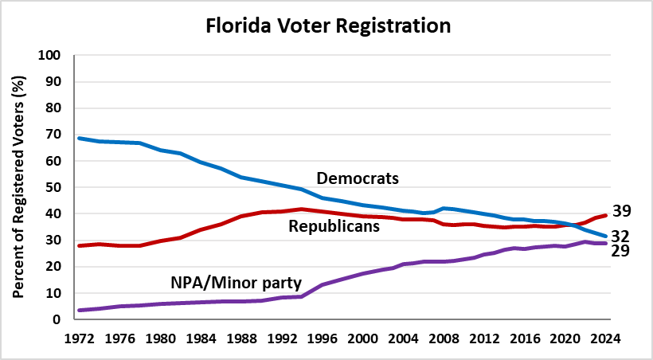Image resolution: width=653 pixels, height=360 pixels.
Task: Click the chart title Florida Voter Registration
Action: (x=328, y=26)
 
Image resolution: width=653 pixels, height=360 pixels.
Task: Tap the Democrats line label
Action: (x=358, y=178)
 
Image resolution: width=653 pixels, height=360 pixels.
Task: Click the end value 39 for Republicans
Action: (x=622, y=211)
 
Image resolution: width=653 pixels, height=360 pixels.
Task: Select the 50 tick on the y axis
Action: (x=55, y=187)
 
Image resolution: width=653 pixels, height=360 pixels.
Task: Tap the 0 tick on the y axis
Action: (x=58, y=319)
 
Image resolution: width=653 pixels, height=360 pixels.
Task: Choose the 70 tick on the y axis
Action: (x=55, y=135)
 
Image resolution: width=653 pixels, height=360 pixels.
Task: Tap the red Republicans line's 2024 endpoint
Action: (x=606, y=215)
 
